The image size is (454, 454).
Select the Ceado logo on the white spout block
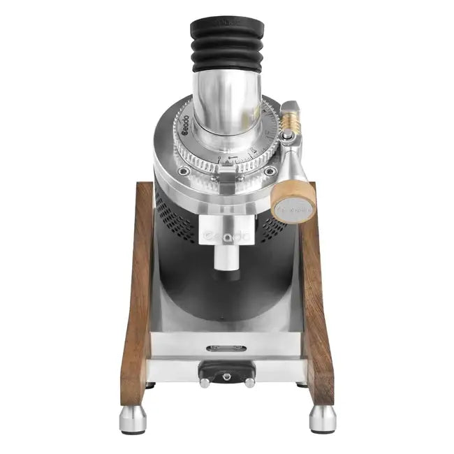[226, 237]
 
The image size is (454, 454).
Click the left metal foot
[133, 419]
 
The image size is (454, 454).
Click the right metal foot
[323, 419]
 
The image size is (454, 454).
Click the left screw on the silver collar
[184, 171]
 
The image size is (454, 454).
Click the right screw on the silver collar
[269, 170]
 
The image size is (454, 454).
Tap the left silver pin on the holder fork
[205, 382]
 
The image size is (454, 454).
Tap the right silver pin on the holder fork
[249, 382]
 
